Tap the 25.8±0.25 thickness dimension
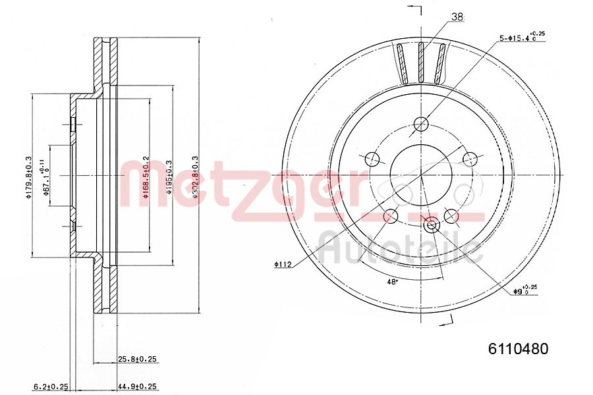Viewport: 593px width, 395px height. [138, 359]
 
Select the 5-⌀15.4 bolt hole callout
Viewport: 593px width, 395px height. [522, 38]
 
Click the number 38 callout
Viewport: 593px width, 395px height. [457, 16]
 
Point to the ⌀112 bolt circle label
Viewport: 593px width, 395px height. [283, 265]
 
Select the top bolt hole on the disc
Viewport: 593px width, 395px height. [421, 124]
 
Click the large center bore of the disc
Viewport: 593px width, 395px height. [421, 175]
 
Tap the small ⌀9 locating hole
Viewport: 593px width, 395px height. [432, 225]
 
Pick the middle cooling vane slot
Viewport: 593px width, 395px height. [422, 63]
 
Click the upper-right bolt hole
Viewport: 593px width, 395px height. [470, 159]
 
